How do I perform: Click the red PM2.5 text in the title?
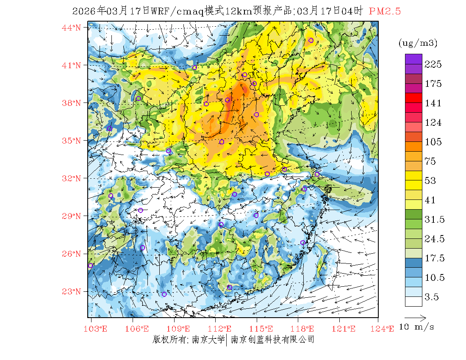385,11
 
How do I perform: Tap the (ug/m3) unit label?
418,43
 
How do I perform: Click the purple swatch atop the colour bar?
413,59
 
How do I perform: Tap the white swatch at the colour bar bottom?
413,301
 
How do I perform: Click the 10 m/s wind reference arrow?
415,317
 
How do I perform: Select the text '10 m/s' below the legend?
417,327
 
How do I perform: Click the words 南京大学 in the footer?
208,339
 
